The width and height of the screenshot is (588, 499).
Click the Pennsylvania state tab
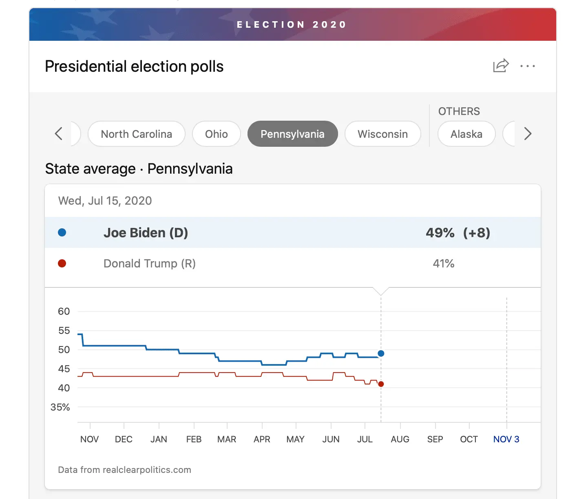tap(292, 134)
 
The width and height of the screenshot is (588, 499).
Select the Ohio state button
tap(217, 134)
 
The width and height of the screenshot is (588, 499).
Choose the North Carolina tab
tap(137, 134)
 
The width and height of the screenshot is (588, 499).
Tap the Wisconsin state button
tap(382, 134)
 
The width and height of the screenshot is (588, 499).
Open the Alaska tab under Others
tap(466, 134)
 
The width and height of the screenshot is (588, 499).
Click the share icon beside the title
tap(501, 66)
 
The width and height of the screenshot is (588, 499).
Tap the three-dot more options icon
tap(528, 66)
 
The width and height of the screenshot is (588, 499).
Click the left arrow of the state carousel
tap(59, 134)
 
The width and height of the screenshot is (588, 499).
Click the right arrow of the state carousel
tap(528, 134)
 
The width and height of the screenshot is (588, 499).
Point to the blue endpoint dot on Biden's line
tap(381, 353)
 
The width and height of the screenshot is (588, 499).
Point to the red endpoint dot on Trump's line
tap(381, 384)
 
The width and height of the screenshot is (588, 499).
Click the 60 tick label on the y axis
tap(64, 311)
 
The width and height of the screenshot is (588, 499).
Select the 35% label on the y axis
tap(60, 407)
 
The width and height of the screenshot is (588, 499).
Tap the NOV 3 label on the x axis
tap(506, 439)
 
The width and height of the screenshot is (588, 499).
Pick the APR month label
tap(262, 439)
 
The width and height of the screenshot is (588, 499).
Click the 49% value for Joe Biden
tap(440, 233)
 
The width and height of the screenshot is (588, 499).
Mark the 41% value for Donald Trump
tap(444, 263)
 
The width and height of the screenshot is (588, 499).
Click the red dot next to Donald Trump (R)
tap(62, 263)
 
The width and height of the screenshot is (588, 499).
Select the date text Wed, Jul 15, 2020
tap(105, 201)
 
